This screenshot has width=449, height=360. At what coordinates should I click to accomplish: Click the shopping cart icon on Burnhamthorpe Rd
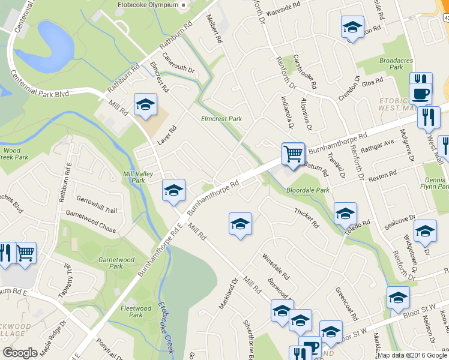[x=293, y=154]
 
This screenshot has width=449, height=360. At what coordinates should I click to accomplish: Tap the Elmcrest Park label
[x=221, y=119]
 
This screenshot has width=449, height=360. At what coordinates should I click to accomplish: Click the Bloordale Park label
[x=308, y=190]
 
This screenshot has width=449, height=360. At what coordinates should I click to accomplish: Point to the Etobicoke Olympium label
[x=147, y=5]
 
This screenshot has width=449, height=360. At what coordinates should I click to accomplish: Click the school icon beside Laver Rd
[x=145, y=106]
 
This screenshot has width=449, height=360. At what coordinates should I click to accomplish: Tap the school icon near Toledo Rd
[x=345, y=214]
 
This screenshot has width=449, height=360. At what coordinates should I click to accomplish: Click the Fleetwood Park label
[x=131, y=311]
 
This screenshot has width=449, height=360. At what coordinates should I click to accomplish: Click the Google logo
[x=20, y=353]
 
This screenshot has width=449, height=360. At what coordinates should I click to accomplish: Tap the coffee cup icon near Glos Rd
[x=420, y=94]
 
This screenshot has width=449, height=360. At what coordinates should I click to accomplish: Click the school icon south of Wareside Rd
[x=352, y=27]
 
